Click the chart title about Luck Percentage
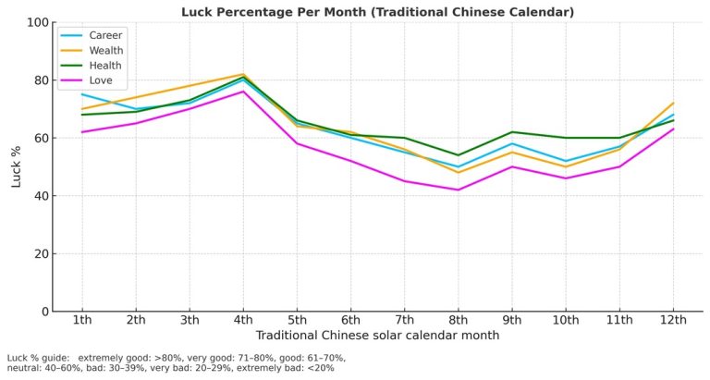tap(377, 12)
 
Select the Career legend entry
tap(104, 35)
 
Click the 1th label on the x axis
tap(81, 321)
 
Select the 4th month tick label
tap(242, 321)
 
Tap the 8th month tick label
tap(458, 321)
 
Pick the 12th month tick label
tap(673, 321)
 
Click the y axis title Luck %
tap(17, 166)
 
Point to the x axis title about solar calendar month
tap(377, 336)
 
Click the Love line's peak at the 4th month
tap(242, 92)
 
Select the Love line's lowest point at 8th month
tap(458, 190)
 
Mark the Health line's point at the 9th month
tap(511, 132)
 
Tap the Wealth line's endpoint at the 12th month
tap(673, 103)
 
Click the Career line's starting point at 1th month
tap(81, 94)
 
